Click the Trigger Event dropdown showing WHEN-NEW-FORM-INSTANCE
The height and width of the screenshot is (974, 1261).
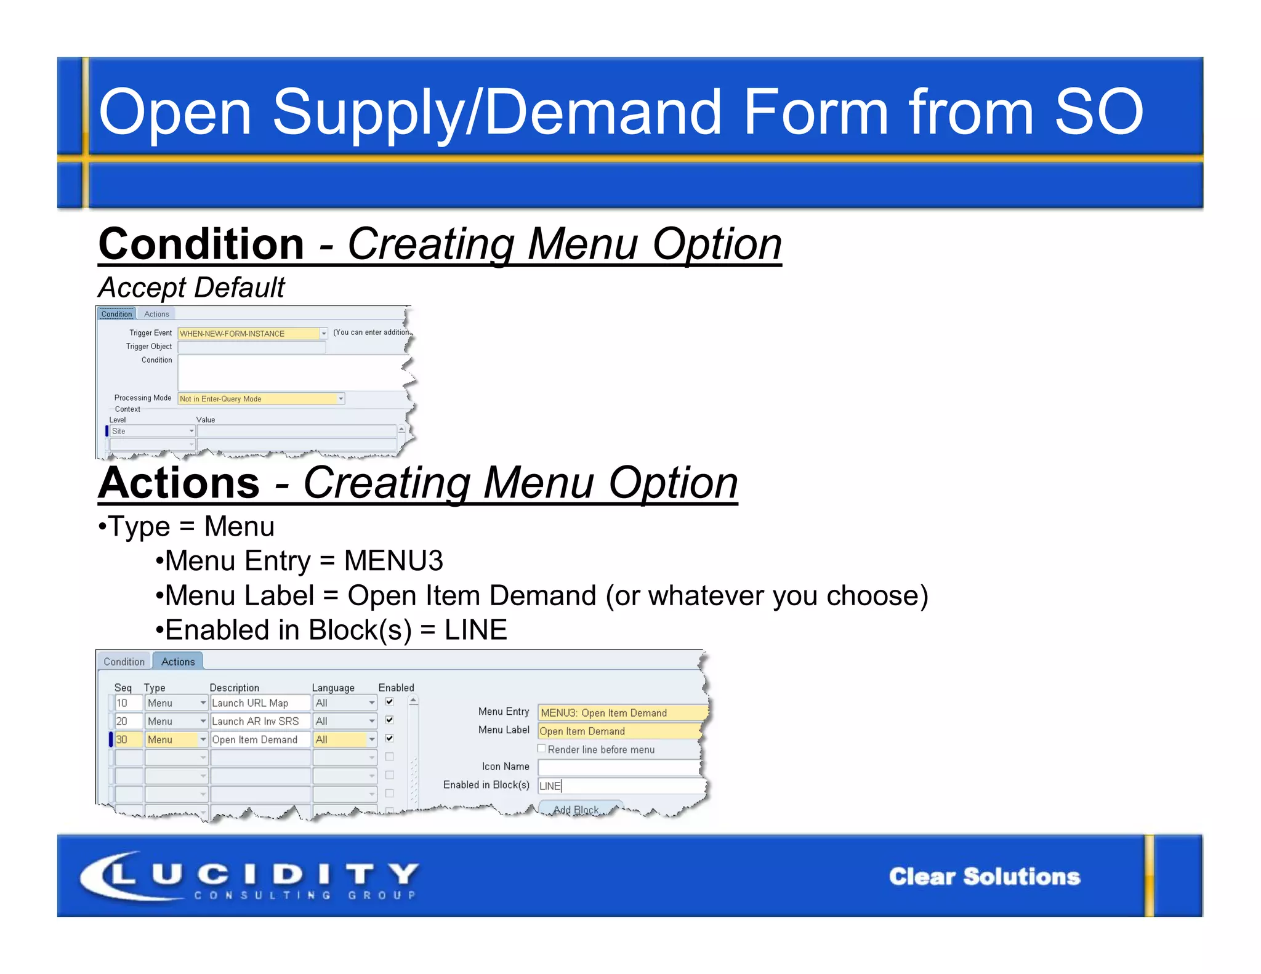(x=252, y=334)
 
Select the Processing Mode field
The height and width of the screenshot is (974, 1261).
(x=260, y=399)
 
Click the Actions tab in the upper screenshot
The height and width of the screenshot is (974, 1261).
(x=156, y=314)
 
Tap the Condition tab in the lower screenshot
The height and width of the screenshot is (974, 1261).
(x=124, y=662)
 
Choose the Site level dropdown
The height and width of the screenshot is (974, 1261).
(x=152, y=432)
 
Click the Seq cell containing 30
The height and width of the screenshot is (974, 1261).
(x=128, y=739)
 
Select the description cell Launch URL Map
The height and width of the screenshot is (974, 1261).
(x=260, y=703)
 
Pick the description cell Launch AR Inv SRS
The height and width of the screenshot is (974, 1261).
(x=260, y=722)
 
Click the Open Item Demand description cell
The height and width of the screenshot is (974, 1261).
(x=260, y=739)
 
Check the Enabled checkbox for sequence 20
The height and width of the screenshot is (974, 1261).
(x=390, y=720)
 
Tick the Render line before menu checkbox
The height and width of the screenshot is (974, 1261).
(x=542, y=749)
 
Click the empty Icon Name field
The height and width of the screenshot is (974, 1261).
(x=618, y=767)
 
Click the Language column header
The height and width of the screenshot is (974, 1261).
(x=333, y=688)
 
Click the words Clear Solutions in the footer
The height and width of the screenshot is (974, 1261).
(x=984, y=877)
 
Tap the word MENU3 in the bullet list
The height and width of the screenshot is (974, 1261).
(x=393, y=561)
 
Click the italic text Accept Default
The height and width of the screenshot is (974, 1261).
(x=191, y=288)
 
